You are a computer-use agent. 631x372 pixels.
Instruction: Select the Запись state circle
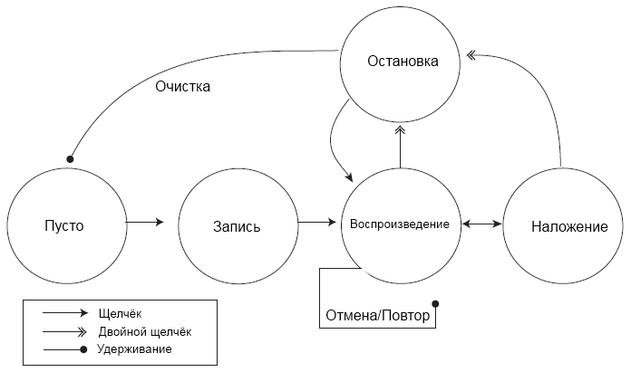[237, 224]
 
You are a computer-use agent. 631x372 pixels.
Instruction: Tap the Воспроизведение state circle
[399, 224]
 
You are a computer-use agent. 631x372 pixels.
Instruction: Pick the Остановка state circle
[403, 62]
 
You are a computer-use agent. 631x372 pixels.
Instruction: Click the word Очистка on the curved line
[182, 88]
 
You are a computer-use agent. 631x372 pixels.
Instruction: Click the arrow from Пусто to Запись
[145, 222]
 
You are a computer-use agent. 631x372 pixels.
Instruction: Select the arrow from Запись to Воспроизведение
[316, 222]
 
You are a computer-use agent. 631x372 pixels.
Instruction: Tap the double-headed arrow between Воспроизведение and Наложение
[482, 222]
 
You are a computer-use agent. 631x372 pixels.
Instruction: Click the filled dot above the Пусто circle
[70, 159]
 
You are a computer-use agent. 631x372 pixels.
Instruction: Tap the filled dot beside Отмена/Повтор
[436, 303]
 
